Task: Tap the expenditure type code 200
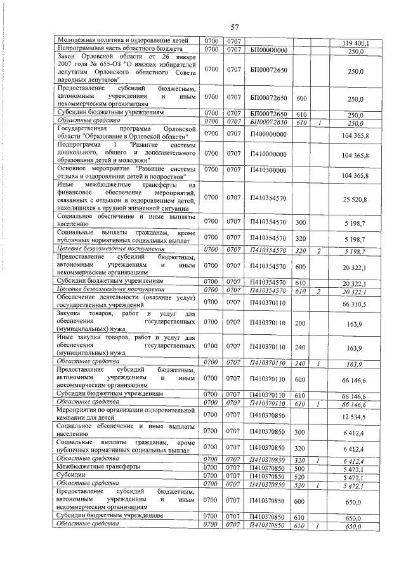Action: click(x=301, y=323)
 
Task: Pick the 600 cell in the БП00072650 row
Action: click(x=301, y=98)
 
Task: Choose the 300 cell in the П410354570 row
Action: click(x=301, y=222)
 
